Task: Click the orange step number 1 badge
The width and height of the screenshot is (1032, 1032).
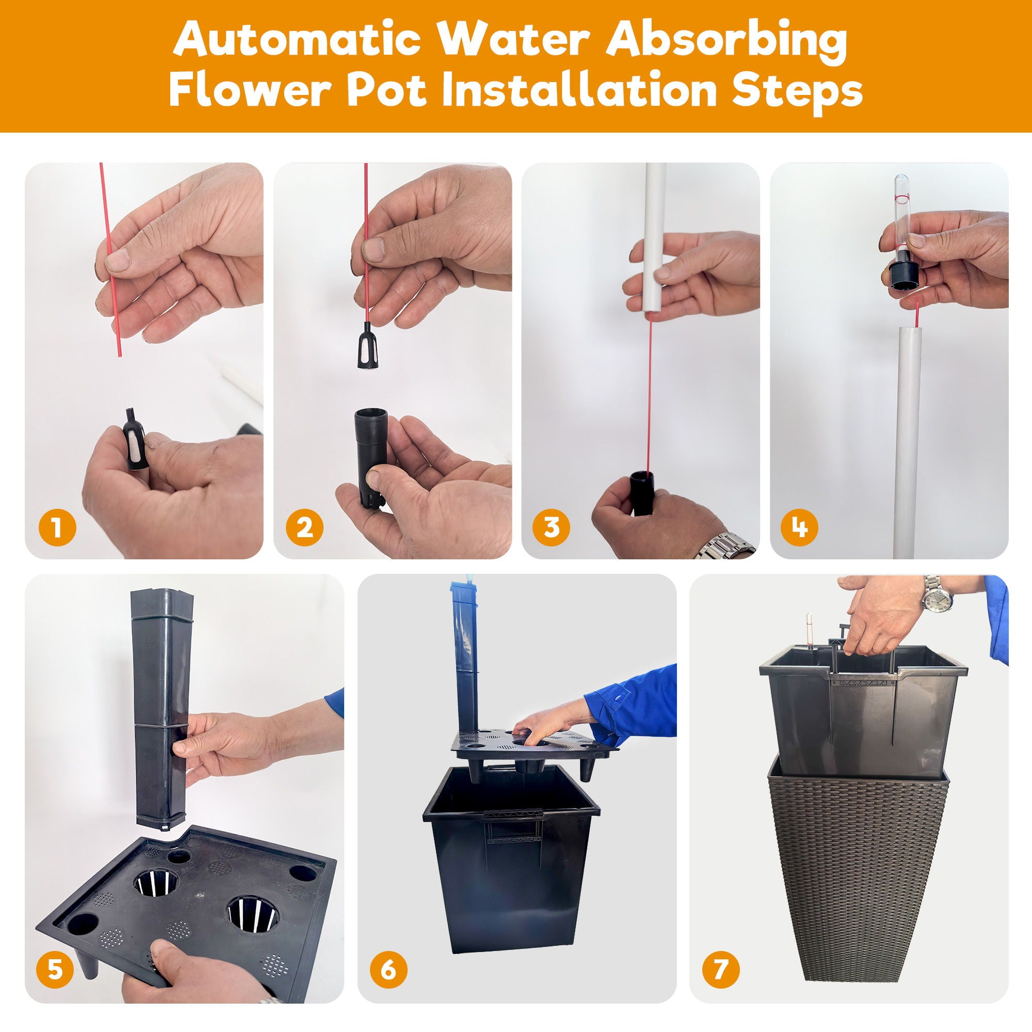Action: coord(57,528)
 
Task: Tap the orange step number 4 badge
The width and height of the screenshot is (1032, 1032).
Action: coord(799,528)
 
